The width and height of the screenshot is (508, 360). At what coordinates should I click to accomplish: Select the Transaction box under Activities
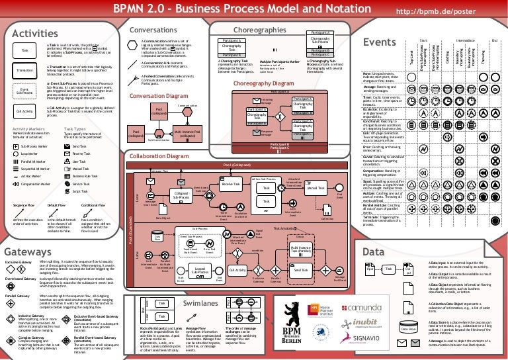(25, 69)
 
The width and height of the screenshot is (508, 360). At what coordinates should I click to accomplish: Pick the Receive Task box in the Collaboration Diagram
(231, 187)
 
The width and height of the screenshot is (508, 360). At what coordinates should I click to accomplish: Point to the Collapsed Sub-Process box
(180, 196)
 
